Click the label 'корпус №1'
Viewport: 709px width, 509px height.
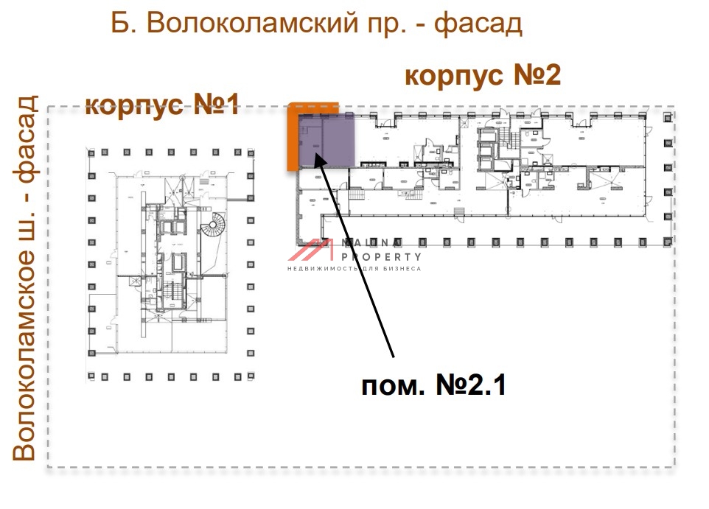coord(162,105)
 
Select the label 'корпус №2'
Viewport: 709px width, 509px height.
coord(483,75)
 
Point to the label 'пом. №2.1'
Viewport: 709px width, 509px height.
coord(433,385)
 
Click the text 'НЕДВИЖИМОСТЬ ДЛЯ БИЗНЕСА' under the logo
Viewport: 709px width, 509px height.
coord(354,269)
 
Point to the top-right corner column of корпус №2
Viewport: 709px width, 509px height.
coord(668,116)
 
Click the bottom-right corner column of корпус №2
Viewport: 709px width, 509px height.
coord(668,241)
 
